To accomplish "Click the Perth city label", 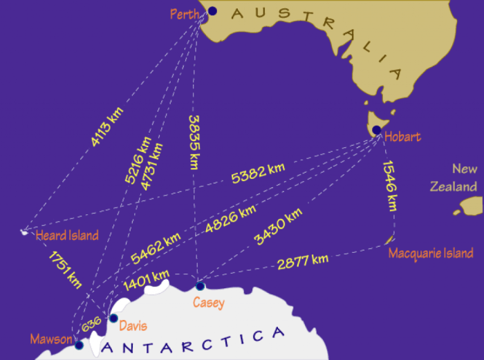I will pyautogui.click(x=185, y=12).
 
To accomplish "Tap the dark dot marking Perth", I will pyautogui.click(x=212, y=10).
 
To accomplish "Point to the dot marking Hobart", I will pyautogui.click(x=376, y=130).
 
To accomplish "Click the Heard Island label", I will pyautogui.click(x=67, y=236).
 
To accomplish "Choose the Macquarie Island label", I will pyautogui.click(x=431, y=253).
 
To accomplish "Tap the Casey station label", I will pyautogui.click(x=208, y=302).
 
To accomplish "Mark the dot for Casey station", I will pyautogui.click(x=200, y=286).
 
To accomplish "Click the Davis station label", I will pyautogui.click(x=133, y=325).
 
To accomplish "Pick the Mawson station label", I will pyautogui.click(x=51, y=339).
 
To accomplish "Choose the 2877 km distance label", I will pyautogui.click(x=302, y=262).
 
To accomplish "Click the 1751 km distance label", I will pyautogui.click(x=65, y=269).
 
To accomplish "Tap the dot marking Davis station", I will pyautogui.click(x=113, y=318).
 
